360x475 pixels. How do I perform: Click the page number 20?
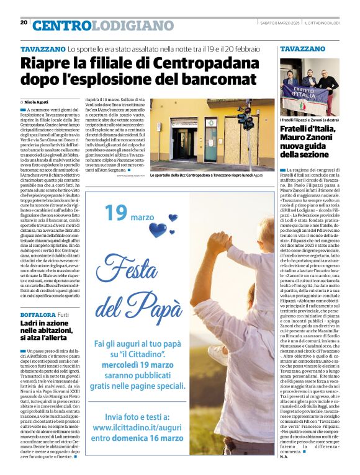coord(24,22)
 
